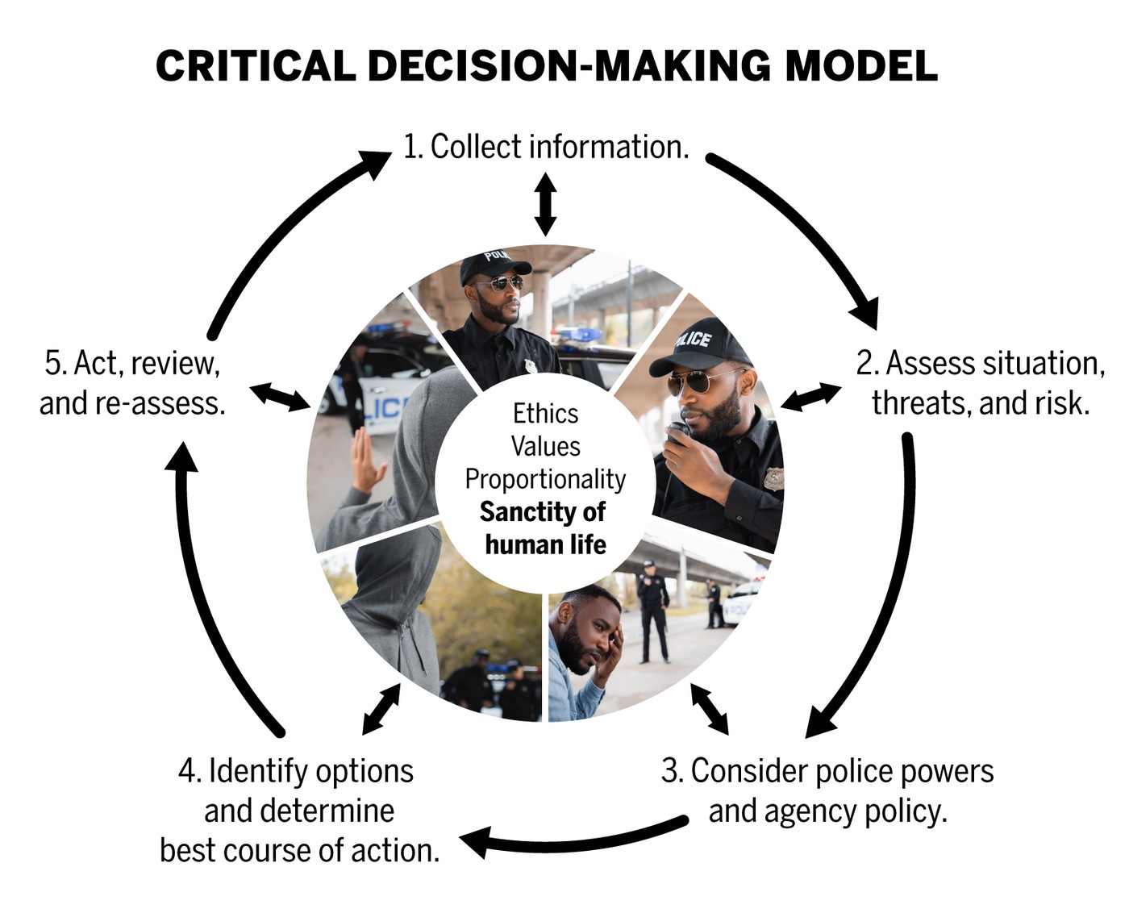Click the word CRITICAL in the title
[x=256, y=66]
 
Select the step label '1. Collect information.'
[x=546, y=146]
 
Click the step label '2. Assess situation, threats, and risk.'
[x=981, y=383]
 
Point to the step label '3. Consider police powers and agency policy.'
[x=827, y=790]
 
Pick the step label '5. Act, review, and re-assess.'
[x=132, y=383]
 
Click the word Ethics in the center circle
[x=545, y=414]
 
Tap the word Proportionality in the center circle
[x=545, y=480]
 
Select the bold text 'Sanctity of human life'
[x=544, y=528]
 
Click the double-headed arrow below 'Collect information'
[x=545, y=203]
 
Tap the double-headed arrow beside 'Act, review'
[x=280, y=396]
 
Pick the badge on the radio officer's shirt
[x=774, y=479]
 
